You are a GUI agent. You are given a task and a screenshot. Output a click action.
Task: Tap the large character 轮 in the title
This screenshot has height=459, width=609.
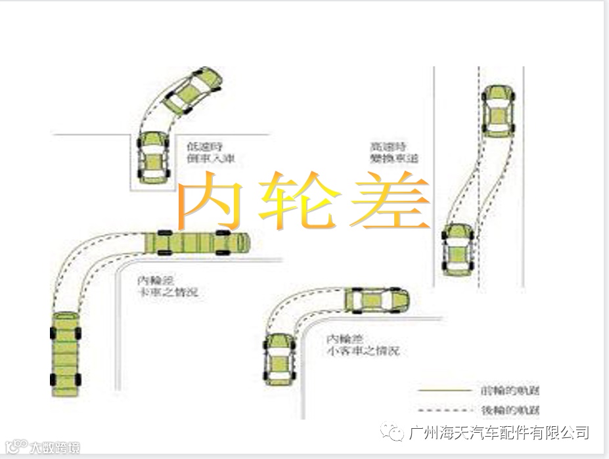point(300,201)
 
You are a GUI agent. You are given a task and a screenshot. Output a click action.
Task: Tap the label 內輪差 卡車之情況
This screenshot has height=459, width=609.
point(167,286)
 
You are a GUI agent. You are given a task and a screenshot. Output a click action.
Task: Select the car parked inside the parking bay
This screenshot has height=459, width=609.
point(153,158)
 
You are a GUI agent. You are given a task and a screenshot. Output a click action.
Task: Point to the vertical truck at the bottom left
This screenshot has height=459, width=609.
point(66,353)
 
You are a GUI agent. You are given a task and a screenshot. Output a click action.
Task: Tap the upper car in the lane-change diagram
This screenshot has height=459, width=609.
point(499,110)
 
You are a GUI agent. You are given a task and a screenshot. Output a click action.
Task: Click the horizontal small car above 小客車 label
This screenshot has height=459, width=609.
point(376,300)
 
